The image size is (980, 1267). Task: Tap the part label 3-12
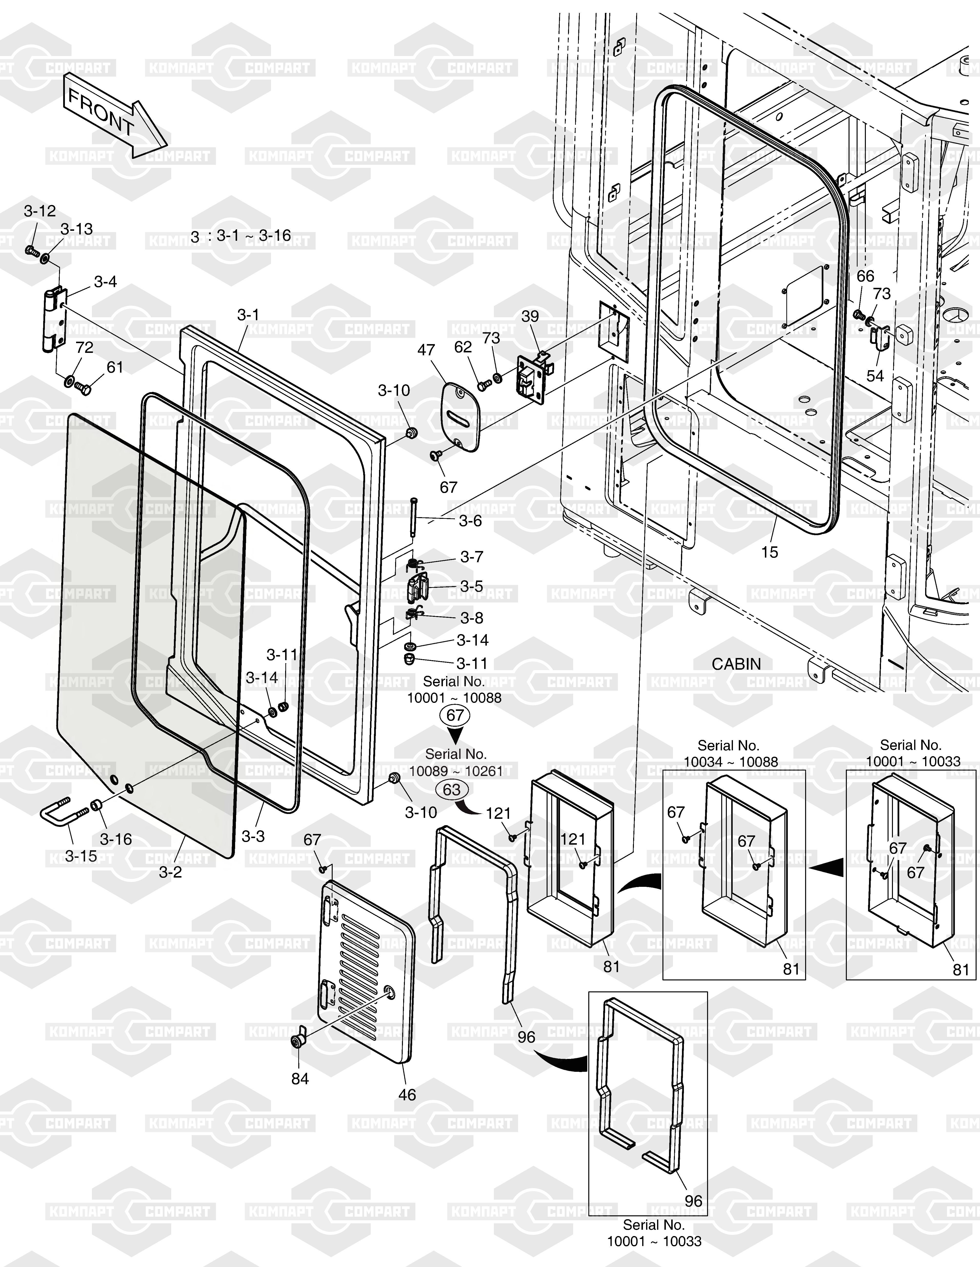pyautogui.click(x=40, y=211)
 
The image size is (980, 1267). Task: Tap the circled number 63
pyautogui.click(x=452, y=790)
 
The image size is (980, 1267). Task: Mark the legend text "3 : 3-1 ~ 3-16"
pyautogui.click(x=241, y=235)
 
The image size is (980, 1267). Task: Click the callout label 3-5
pyautogui.click(x=471, y=587)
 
